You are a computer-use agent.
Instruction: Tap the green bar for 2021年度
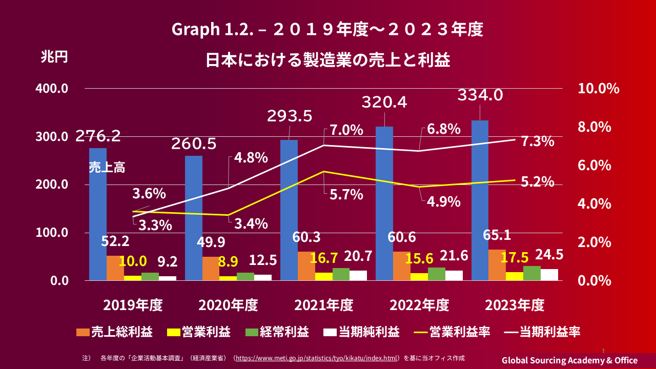pyautogui.click(x=341, y=274)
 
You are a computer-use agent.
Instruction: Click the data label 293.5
pyautogui.click(x=290, y=116)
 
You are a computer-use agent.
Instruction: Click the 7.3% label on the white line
pyautogui.click(x=537, y=142)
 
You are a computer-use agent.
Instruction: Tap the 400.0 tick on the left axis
pyautogui.click(x=52, y=89)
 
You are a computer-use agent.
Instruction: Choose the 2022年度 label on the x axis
pyautogui.click(x=419, y=305)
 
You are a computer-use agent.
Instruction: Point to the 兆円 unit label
pyautogui.click(x=54, y=57)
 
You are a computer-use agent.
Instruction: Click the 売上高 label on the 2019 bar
pyautogui.click(x=107, y=168)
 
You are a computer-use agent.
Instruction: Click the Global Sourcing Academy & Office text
pyautogui.click(x=569, y=360)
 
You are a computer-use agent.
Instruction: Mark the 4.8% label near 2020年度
pyautogui.click(x=251, y=157)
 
